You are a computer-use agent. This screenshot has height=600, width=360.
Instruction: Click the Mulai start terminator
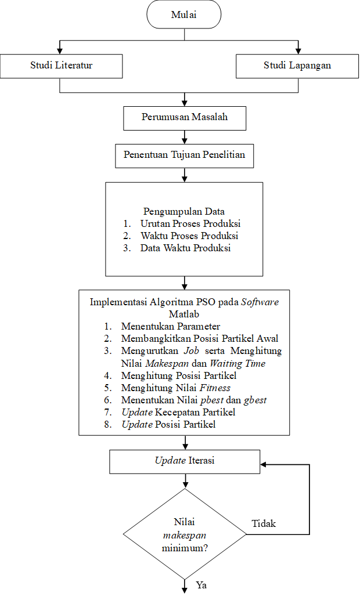[184, 15]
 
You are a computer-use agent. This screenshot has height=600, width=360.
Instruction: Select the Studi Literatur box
[61, 66]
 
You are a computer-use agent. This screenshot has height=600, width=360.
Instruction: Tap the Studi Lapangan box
[297, 66]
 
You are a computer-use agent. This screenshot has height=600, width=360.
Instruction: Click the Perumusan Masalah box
[185, 117]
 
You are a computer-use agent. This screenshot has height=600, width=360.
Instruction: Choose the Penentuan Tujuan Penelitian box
[184, 155]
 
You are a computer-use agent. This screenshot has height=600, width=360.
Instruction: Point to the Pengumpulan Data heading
[184, 211]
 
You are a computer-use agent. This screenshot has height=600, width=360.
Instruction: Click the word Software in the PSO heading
[260, 302]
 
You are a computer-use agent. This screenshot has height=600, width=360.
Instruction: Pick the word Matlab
[184, 315]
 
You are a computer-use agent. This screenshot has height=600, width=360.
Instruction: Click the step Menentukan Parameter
[171, 327]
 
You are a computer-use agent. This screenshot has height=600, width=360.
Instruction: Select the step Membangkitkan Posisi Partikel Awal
[200, 339]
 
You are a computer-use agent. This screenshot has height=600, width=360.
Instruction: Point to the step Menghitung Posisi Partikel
[179, 375]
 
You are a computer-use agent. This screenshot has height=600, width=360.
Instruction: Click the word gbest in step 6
[255, 400]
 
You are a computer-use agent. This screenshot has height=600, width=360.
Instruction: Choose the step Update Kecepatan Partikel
[178, 412]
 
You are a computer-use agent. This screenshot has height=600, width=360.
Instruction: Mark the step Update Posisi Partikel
[168, 424]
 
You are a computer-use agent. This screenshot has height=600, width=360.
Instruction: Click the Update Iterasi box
[185, 461]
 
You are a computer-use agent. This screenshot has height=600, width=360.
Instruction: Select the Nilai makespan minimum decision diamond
[185, 534]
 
